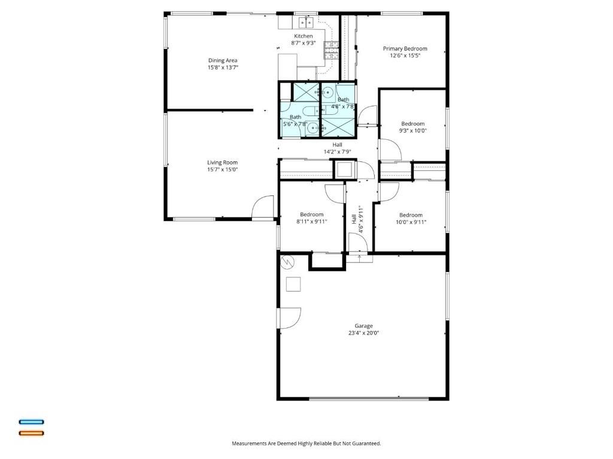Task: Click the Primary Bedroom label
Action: coord(405,48)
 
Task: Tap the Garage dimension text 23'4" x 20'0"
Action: coord(363,333)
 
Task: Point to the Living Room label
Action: coord(223,163)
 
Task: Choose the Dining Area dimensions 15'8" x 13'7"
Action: coord(223,68)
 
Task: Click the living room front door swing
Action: coord(263,207)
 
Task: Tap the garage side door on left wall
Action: coord(289,318)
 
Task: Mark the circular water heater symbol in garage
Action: coord(288,261)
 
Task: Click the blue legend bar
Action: coord(31,422)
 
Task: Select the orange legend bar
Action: coord(31,433)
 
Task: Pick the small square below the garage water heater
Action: coord(293,284)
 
